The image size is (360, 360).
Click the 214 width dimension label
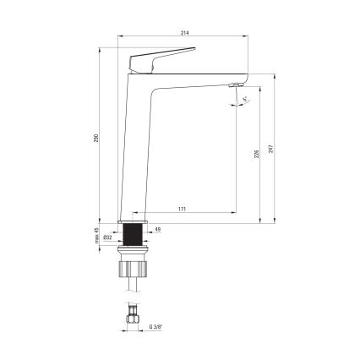pyautogui.click(x=183, y=33)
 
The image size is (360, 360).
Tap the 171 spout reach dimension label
pyautogui.click(x=183, y=208)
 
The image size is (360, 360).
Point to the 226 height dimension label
pyautogui.click(x=256, y=155)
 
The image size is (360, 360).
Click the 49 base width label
pyautogui.click(x=157, y=228)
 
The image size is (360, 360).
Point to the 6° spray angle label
pyautogui.click(x=245, y=99)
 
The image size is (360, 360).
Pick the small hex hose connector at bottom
pyautogui.click(x=133, y=319)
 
